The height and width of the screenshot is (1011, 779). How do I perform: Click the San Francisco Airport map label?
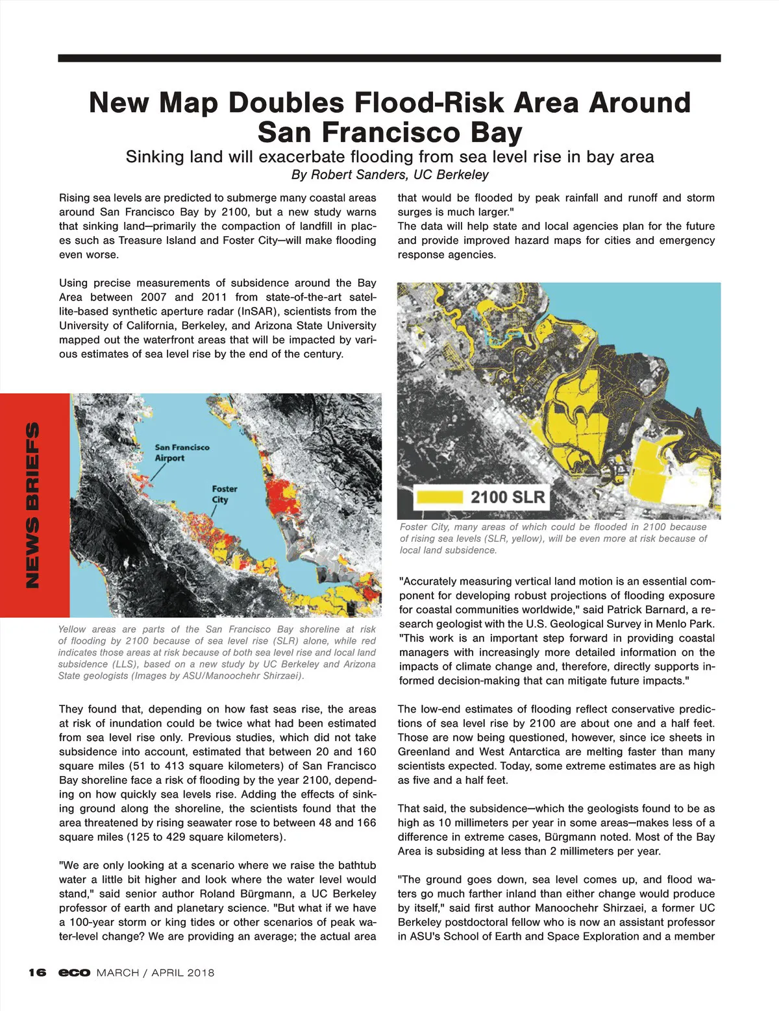182,452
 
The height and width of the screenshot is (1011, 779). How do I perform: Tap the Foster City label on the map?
224,494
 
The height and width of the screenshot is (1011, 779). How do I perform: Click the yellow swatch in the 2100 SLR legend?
439,498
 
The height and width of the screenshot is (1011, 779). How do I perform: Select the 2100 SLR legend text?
508,498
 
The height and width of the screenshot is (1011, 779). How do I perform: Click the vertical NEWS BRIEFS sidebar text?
32,505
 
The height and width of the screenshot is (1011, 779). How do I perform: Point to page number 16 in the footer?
37,972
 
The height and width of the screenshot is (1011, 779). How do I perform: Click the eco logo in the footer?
74,972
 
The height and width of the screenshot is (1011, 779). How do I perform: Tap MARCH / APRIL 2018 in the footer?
155,972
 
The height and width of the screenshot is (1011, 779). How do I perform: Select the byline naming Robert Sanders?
389,175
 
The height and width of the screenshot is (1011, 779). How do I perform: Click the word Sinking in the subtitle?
154,157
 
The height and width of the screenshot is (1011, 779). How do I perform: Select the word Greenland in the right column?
423,751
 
